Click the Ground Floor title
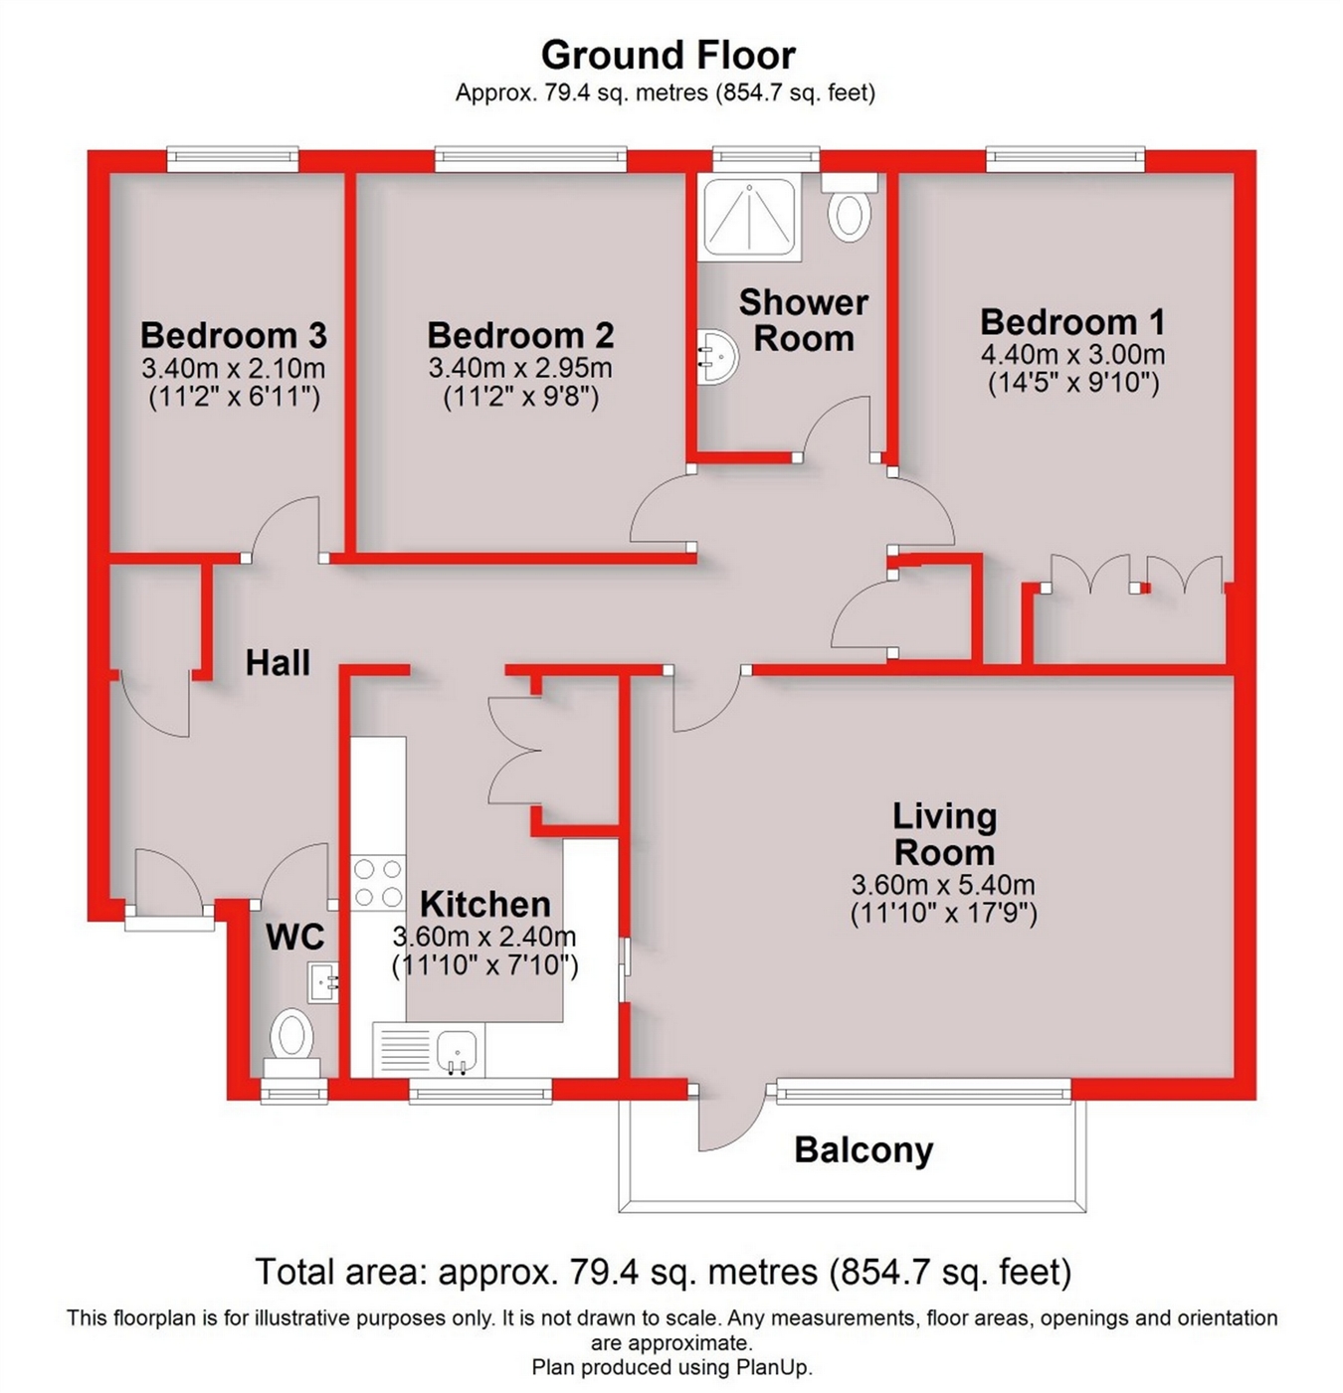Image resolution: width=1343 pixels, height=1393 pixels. point(668,54)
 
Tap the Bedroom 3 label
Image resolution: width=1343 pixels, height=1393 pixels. point(233,335)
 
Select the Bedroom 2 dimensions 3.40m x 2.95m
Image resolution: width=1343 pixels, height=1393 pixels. point(519,368)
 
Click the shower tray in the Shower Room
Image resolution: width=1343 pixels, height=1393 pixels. point(749,217)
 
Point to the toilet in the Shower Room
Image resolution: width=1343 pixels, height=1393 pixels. point(850,210)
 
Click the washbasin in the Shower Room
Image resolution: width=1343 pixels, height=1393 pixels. point(716,355)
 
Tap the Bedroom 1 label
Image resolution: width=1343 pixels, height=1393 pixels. point(1072,322)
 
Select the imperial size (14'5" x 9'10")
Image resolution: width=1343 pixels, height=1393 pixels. point(1072,383)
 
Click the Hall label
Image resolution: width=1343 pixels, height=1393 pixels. point(278,662)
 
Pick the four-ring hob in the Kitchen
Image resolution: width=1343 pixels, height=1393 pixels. point(378,882)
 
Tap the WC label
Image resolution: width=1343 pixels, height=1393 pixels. point(294,936)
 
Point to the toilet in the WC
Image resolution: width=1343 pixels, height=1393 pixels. point(291,1037)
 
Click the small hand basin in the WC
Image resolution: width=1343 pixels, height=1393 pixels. point(322,982)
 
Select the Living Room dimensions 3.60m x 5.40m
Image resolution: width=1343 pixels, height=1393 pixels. point(943,884)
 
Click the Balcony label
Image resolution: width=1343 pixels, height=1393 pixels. point(863,1150)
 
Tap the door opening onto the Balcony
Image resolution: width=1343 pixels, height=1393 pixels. point(729,1119)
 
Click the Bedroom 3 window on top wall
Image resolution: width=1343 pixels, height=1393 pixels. point(232,157)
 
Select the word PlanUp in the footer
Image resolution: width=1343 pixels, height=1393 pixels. point(773,1367)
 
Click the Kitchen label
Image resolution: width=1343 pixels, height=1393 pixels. point(484,904)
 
